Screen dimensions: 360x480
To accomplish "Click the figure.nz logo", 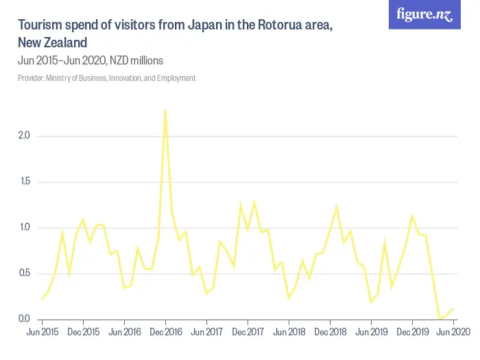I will (x=424, y=15).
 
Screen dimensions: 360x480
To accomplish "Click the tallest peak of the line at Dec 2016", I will (x=165, y=110).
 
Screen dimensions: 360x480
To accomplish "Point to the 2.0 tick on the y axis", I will (x=24, y=136).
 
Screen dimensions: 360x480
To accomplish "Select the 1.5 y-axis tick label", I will (x=24, y=182).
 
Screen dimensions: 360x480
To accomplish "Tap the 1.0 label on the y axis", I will (x=24, y=228).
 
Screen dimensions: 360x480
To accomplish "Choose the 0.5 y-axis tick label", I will (x=24, y=274).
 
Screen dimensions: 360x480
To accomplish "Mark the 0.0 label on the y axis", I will (x=24, y=320).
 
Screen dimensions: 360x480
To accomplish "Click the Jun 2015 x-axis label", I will (x=42, y=332).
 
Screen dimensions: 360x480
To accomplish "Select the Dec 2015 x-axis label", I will (x=83, y=332).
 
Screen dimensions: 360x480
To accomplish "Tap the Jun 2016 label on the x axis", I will (x=124, y=332).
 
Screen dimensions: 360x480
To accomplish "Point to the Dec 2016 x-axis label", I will (x=165, y=332).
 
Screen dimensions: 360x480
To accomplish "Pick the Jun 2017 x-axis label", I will (x=206, y=332).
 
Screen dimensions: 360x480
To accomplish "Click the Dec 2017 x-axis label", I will (x=248, y=332).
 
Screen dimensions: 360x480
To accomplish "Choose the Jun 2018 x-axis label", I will (x=289, y=332).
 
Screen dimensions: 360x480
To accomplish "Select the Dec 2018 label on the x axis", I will (x=330, y=332).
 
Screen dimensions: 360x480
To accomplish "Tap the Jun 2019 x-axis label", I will (x=371, y=332).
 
